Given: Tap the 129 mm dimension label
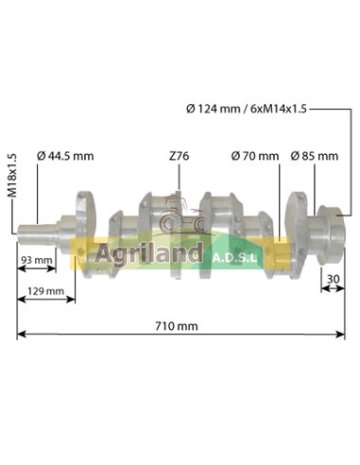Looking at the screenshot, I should click(x=44, y=290).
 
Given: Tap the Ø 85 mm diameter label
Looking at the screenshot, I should click(x=314, y=155).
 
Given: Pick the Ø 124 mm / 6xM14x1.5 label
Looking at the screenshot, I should click(x=246, y=109).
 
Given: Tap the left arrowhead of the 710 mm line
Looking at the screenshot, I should click(x=19, y=336).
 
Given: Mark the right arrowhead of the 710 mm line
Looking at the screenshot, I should click(x=343, y=336).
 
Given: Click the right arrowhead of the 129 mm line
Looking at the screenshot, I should click(x=73, y=300).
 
